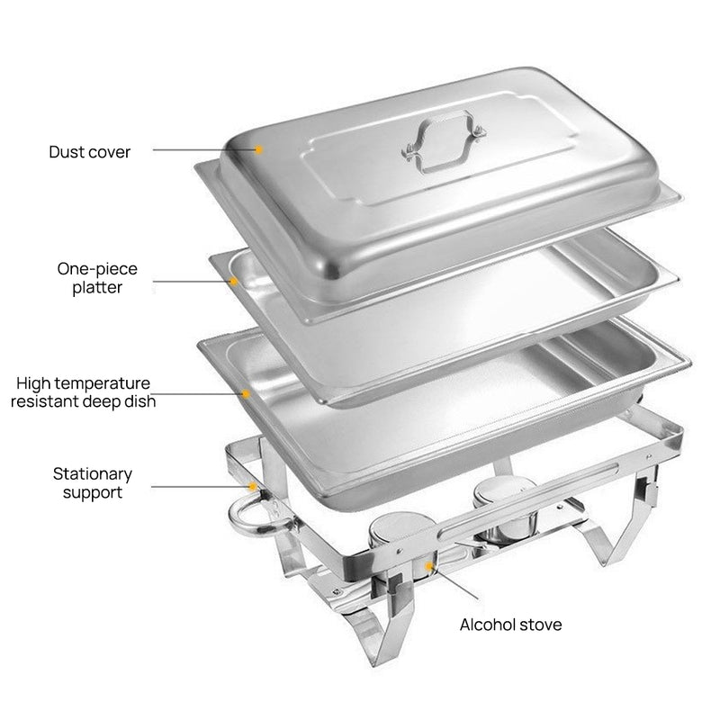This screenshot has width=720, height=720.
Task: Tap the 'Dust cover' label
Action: [89, 152]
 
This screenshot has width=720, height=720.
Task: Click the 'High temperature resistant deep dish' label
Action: [83, 392]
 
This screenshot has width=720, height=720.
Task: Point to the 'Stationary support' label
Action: [93, 482]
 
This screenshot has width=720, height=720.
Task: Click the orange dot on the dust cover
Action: [258, 149]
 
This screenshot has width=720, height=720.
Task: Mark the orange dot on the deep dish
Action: [245, 392]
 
